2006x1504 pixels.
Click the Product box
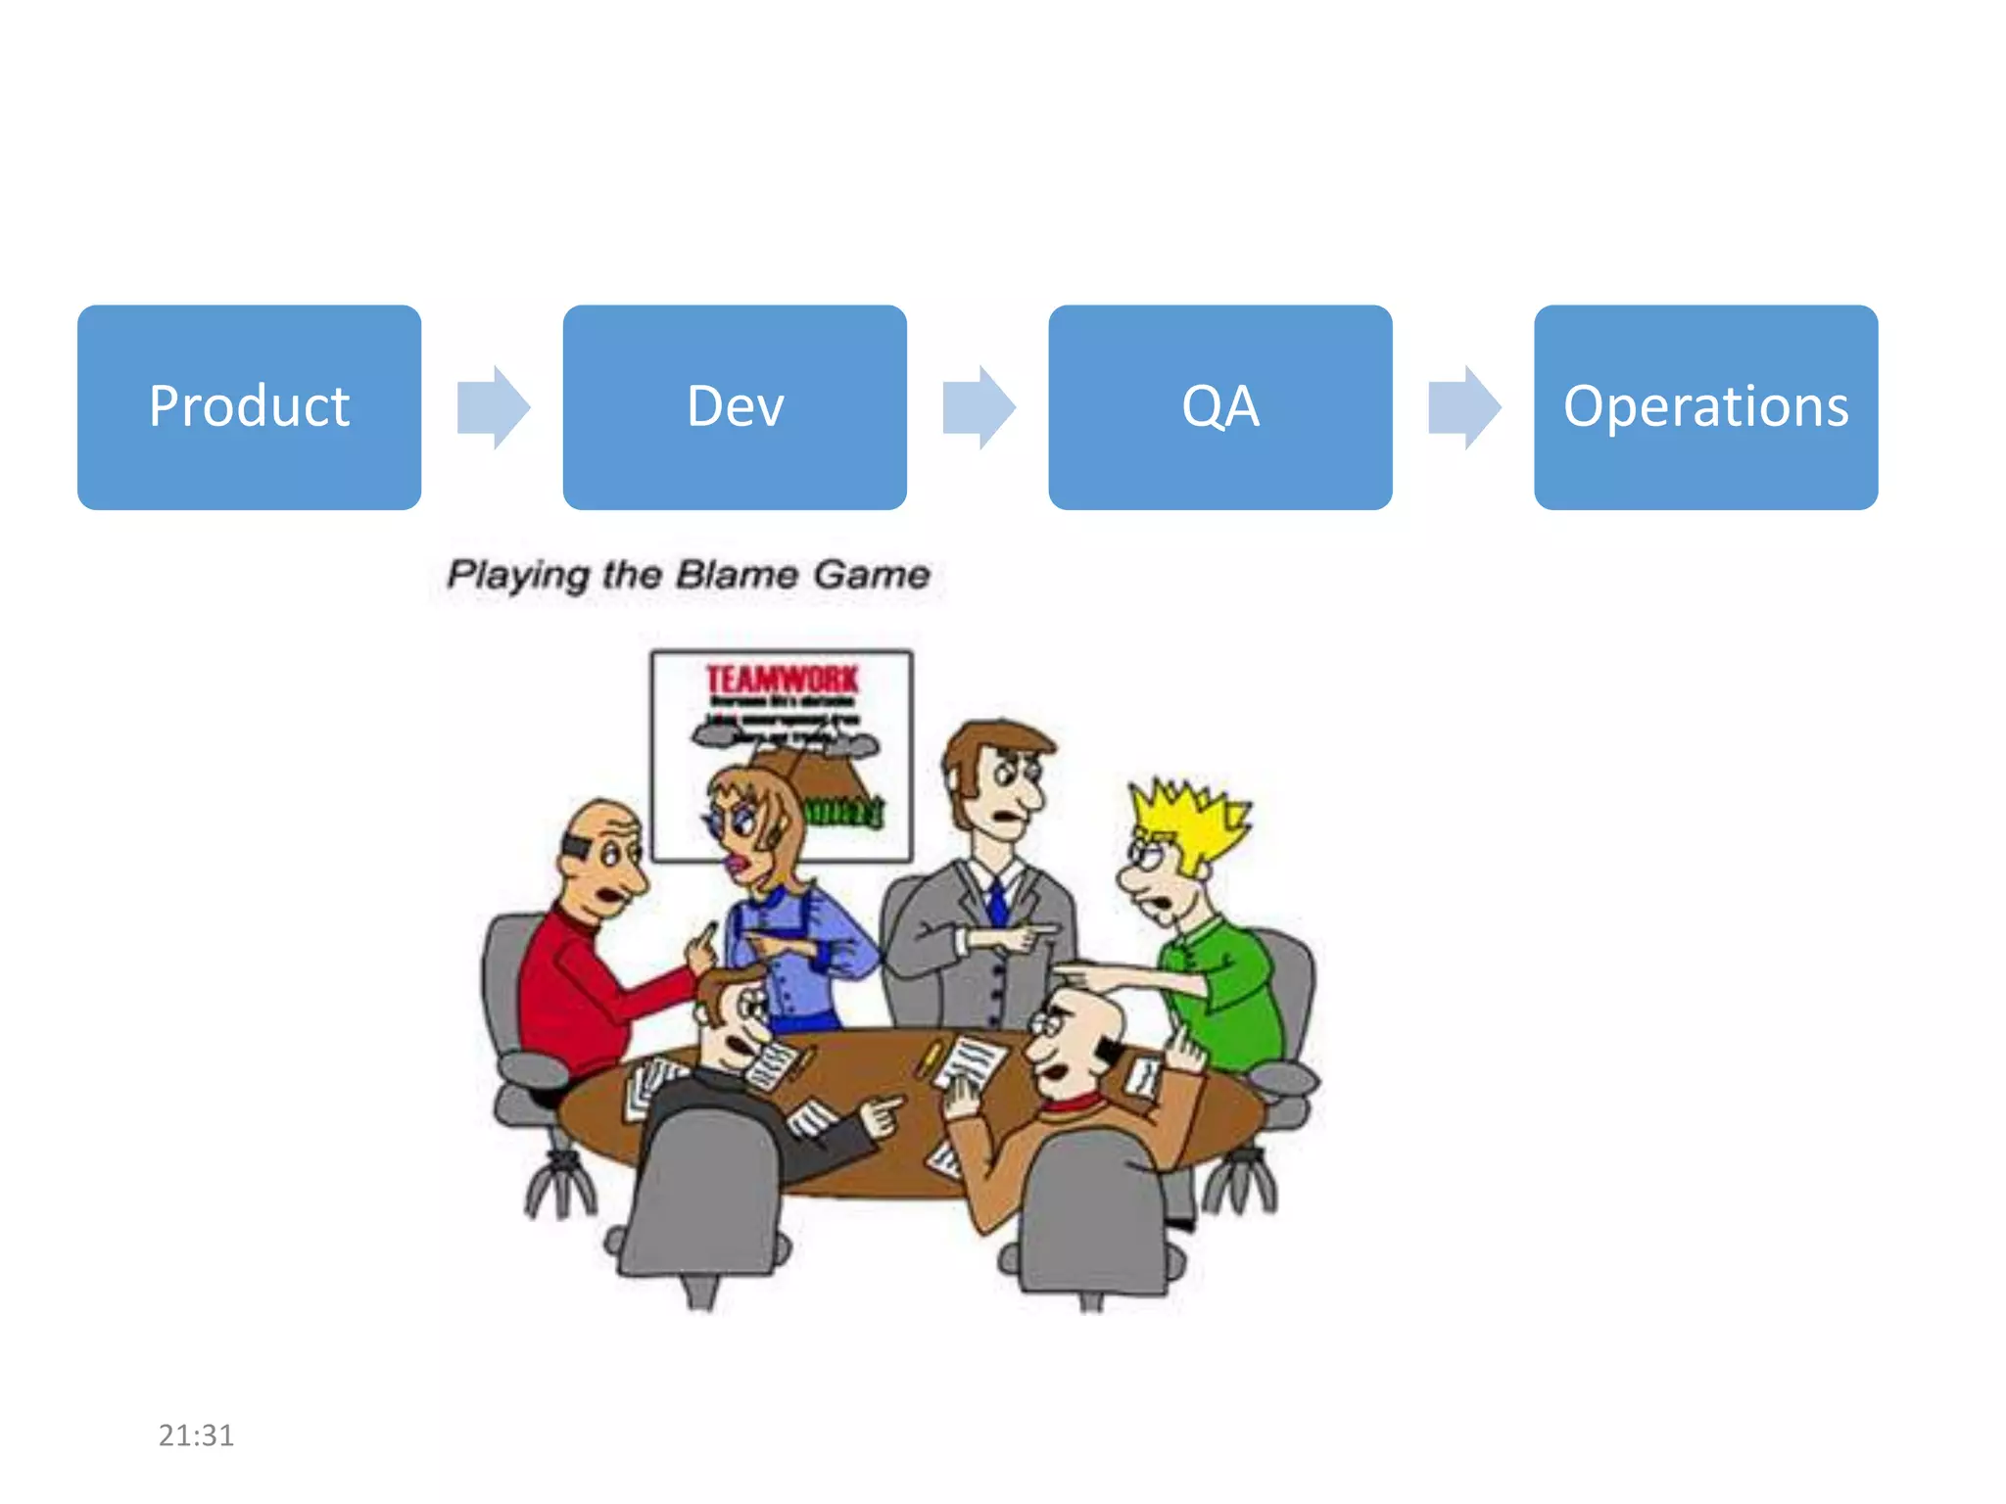click(x=249, y=406)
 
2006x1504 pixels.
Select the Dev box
click(x=735, y=406)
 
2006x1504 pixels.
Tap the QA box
click(x=1219, y=406)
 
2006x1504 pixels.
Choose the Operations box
click(x=1705, y=406)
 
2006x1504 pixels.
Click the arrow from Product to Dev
click(x=494, y=407)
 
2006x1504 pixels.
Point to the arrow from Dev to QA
click(x=979, y=407)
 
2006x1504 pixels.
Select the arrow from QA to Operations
click(x=1464, y=407)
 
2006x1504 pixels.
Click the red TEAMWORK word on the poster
click(x=782, y=679)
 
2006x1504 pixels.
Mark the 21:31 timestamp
click(x=196, y=1435)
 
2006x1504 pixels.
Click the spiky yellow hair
click(x=1190, y=818)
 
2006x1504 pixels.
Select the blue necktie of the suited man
click(x=997, y=902)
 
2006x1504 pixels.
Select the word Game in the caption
click(x=871, y=574)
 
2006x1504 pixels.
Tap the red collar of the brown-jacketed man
click(x=1073, y=1106)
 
